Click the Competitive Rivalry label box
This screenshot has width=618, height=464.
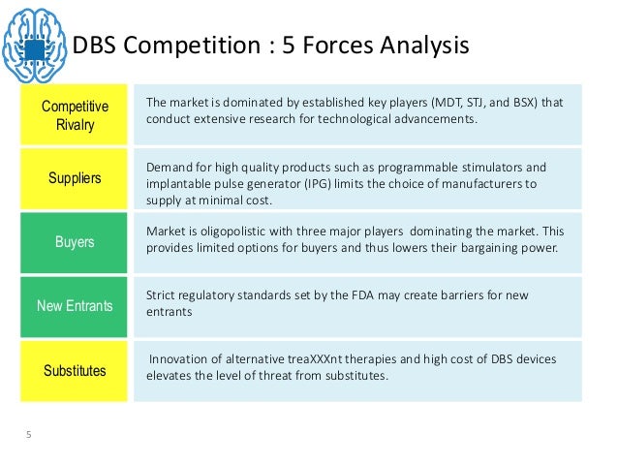[75, 115]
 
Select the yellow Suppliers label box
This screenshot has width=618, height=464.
[75, 178]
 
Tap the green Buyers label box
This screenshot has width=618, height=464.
[75, 242]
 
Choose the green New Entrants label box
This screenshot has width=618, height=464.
[75, 306]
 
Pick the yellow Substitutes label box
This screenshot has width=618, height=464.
[75, 370]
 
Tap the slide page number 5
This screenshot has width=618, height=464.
[29, 435]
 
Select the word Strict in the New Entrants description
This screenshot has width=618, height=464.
[162, 295]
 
